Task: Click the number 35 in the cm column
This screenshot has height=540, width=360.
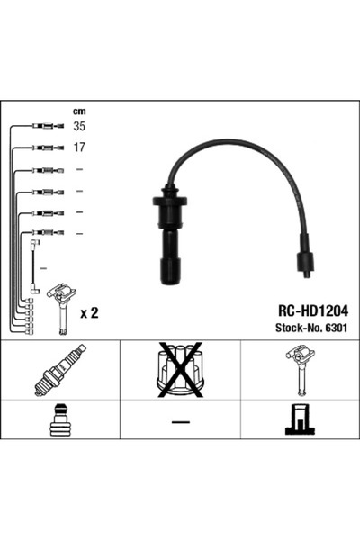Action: point(79,127)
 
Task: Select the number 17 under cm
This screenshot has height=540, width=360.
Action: point(79,147)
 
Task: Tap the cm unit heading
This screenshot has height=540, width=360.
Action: point(79,112)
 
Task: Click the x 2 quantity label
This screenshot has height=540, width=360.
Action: point(89,312)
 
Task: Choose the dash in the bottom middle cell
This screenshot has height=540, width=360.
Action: point(179,422)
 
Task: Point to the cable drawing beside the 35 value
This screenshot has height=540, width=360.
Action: point(45,127)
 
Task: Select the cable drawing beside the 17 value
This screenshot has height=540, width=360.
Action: point(45,147)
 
